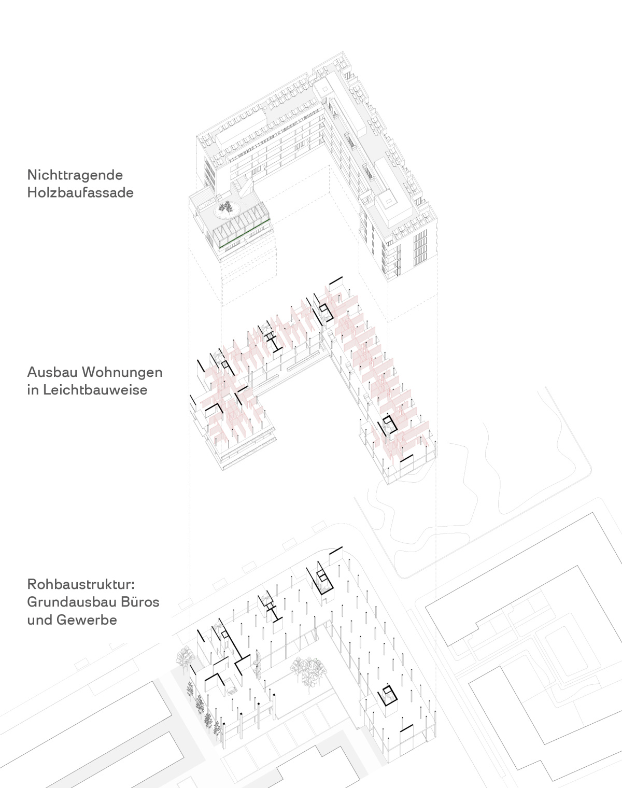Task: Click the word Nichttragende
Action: tap(75, 175)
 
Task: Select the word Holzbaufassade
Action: tap(80, 193)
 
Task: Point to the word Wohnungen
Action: tap(122, 373)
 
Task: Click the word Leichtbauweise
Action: tap(95, 390)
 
